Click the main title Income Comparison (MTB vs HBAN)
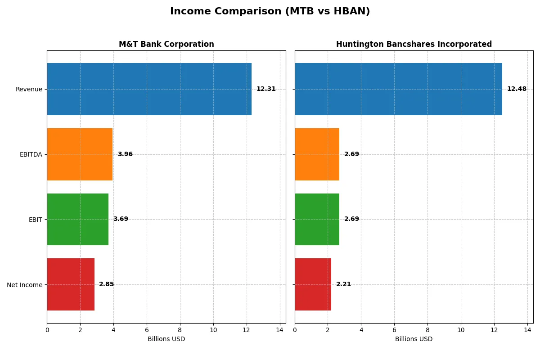(x=270, y=12)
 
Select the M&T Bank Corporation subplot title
(x=166, y=44)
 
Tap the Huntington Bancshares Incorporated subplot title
(x=414, y=44)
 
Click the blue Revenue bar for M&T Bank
(x=149, y=89)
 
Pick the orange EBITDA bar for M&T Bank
(x=80, y=154)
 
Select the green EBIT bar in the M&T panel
(x=77, y=219)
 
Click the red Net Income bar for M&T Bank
(x=71, y=284)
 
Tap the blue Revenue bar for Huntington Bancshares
(x=398, y=89)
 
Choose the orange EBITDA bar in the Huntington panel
(x=317, y=154)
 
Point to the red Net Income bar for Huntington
(x=313, y=284)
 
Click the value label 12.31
(x=266, y=89)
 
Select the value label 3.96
(x=125, y=154)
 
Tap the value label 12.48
(x=517, y=89)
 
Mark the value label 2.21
(x=343, y=284)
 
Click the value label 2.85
(x=107, y=284)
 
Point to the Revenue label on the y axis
(x=29, y=89)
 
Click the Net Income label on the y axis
(x=25, y=285)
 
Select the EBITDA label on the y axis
(x=31, y=154)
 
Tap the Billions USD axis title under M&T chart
(x=166, y=339)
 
